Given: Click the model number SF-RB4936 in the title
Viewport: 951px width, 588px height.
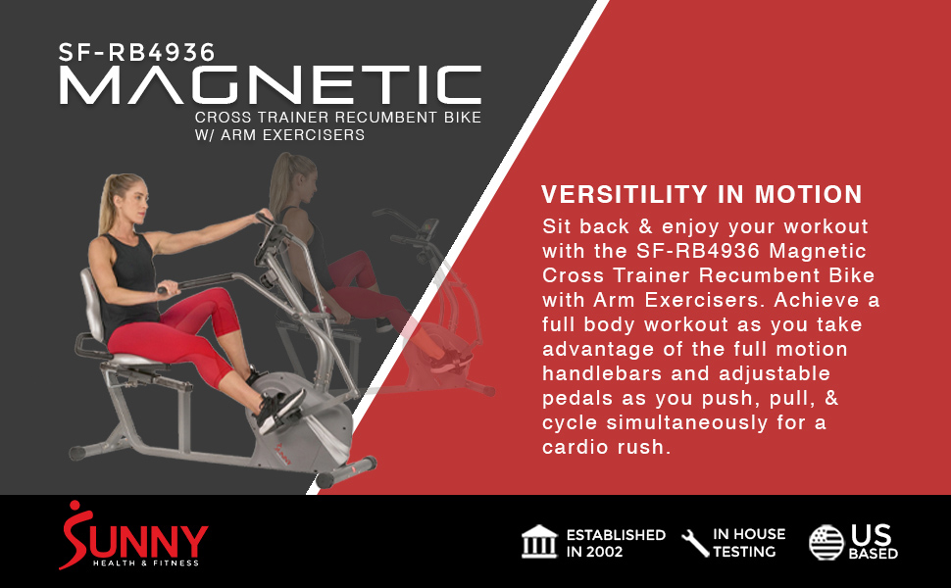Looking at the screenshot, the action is (x=136, y=52).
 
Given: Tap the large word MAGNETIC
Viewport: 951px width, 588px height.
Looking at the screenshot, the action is (x=271, y=85).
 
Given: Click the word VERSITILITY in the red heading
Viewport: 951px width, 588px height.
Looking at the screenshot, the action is (x=625, y=195).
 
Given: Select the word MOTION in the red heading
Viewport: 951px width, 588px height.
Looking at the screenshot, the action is (x=809, y=195).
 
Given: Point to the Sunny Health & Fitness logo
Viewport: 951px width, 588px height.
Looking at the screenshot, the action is (x=133, y=535).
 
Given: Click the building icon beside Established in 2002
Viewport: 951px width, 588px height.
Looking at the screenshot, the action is (x=539, y=541).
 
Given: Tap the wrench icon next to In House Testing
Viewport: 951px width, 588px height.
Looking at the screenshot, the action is (x=695, y=543).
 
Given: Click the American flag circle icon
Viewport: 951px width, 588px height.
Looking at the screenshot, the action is (x=826, y=543).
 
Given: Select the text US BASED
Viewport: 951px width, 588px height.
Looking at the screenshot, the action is (x=873, y=542).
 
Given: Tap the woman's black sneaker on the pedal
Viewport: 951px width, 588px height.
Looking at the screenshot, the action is (x=279, y=411).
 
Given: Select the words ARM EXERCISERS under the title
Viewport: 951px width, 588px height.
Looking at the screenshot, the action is (x=292, y=134).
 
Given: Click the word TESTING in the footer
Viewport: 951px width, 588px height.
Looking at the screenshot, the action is (x=744, y=552).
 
